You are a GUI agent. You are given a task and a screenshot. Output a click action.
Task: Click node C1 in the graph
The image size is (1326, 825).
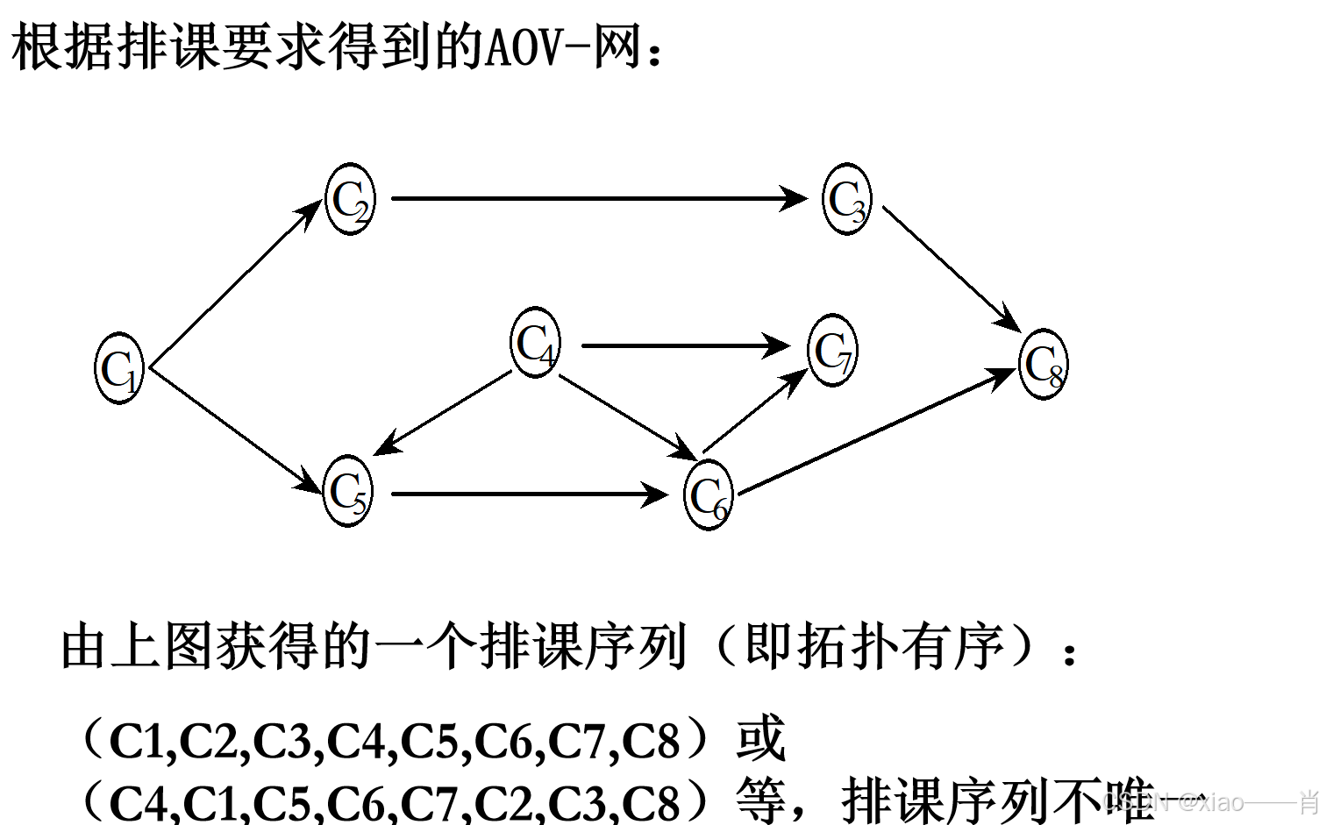119,368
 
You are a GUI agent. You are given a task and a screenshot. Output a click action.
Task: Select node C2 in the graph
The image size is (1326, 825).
350,199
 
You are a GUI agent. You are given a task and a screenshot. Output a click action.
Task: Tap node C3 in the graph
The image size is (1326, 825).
847,199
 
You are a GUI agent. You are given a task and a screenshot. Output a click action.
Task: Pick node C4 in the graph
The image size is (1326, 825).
535,343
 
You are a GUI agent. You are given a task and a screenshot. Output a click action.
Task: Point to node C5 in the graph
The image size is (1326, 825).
348,491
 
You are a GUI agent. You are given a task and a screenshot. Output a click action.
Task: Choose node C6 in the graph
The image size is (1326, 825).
708,495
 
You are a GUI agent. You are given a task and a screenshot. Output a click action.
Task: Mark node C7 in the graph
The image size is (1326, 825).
832,351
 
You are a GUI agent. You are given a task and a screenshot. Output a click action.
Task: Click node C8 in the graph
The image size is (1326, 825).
1044,365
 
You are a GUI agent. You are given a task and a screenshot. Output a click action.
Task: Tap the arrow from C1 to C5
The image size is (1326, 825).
235,430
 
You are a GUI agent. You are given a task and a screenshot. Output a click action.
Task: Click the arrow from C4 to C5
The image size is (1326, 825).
443,413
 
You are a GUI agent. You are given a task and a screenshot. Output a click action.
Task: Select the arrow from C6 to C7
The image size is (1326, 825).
754,410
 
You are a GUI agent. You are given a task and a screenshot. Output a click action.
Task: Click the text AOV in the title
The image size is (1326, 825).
523,48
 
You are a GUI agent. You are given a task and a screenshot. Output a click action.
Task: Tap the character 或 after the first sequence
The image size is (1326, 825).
759,739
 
